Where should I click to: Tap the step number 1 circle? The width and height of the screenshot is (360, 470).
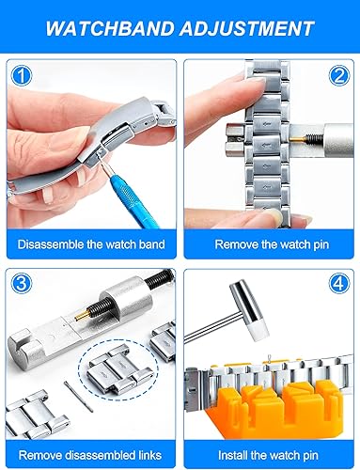23,73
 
